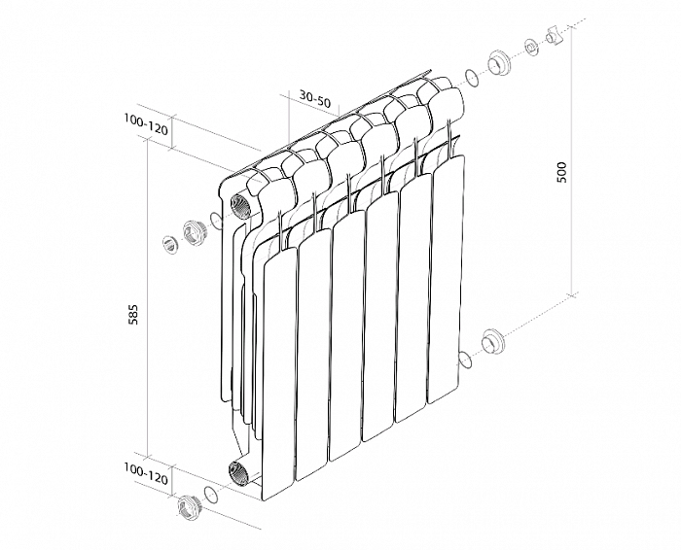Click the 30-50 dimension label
[314, 99]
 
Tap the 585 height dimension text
[133, 315]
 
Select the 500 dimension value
[562, 172]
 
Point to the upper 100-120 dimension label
[146, 124]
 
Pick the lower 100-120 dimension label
[146, 473]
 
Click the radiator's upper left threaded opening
[239, 205]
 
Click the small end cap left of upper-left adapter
[170, 244]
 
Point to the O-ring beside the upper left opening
[216, 220]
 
